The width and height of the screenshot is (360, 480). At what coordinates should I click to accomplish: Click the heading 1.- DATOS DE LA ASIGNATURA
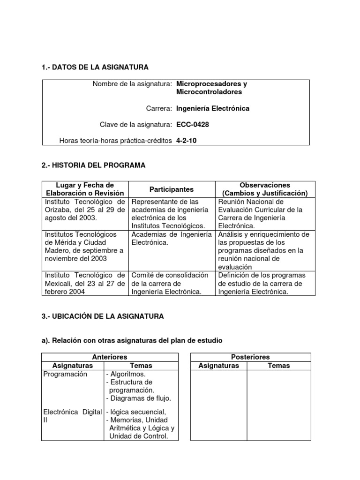point(95,67)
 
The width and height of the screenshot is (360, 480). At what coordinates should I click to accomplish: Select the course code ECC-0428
point(193,124)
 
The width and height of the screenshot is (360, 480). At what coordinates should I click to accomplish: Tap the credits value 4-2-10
point(186,140)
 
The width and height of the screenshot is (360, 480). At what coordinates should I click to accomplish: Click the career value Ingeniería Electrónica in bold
point(213,108)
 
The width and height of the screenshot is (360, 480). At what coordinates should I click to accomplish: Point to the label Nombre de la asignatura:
point(132,84)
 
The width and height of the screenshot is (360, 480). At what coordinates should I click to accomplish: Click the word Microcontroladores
point(209,92)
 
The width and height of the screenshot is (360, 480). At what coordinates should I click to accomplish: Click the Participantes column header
point(171,189)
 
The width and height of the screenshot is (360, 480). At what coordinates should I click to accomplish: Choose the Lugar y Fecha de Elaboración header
point(85,189)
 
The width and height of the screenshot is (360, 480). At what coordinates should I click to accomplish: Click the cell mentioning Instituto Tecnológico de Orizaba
point(85,210)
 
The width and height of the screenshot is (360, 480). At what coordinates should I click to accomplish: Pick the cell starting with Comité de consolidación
point(171,284)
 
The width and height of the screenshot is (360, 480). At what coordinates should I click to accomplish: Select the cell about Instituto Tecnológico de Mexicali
point(85,284)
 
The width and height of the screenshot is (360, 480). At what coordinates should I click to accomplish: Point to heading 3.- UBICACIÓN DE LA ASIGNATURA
point(103,316)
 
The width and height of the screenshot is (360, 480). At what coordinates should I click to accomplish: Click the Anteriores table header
point(110,357)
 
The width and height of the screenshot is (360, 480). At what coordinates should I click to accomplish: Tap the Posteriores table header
point(250,357)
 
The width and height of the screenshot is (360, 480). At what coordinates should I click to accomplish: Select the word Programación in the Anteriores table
point(65,374)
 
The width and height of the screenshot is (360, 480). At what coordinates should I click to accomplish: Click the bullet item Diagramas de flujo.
point(138,398)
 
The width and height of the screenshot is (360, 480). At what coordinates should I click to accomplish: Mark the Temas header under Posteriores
point(279,366)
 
